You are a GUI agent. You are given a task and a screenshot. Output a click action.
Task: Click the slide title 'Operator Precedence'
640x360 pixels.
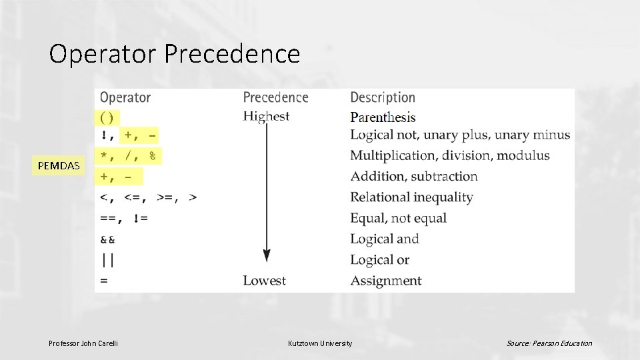[x=175, y=54]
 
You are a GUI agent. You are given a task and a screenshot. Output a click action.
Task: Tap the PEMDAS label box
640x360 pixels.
[x=59, y=165]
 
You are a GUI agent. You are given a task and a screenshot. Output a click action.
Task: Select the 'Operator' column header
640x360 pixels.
[x=125, y=97]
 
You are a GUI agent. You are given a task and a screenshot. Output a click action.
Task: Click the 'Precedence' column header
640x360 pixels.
[x=275, y=97]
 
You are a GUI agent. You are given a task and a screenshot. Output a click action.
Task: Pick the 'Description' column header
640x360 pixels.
[x=383, y=97]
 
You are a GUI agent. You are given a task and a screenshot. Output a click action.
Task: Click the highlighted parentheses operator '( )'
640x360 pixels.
[x=107, y=117]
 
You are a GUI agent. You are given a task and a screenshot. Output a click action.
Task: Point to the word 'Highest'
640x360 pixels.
[x=266, y=117]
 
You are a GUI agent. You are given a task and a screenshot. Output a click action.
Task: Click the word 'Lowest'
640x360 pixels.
[x=264, y=281]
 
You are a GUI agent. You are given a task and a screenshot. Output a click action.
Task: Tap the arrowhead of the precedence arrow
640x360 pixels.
[x=267, y=255]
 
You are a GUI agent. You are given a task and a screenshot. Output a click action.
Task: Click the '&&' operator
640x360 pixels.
[x=107, y=239]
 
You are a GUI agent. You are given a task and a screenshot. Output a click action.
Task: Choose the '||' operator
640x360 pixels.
[x=107, y=260]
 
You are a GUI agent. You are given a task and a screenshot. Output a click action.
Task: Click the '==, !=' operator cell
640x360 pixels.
[x=124, y=218]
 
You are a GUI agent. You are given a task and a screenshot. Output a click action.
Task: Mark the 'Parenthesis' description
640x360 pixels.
[x=383, y=117]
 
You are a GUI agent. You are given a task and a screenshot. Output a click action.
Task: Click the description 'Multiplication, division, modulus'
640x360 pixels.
[x=450, y=155]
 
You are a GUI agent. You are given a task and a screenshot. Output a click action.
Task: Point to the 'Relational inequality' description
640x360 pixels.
[x=411, y=197]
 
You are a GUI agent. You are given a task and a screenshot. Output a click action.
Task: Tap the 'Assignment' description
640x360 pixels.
[x=386, y=281]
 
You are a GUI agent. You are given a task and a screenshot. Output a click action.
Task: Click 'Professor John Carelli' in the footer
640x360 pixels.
[x=83, y=343]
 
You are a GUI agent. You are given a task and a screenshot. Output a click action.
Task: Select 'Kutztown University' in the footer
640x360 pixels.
[x=320, y=343]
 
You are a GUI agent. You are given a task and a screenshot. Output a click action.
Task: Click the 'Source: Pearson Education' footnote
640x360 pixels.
[x=549, y=343]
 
